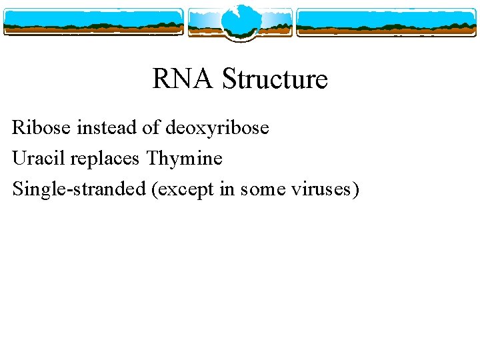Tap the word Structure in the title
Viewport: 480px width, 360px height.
point(275,79)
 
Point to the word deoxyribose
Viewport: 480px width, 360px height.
point(217,127)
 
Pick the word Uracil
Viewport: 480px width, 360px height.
point(39,159)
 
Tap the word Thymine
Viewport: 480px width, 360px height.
point(185,159)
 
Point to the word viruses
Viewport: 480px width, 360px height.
point(321,190)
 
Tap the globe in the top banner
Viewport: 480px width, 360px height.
point(239,21)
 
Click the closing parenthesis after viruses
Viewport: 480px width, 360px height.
point(356,190)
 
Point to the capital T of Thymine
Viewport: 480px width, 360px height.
point(153,159)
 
